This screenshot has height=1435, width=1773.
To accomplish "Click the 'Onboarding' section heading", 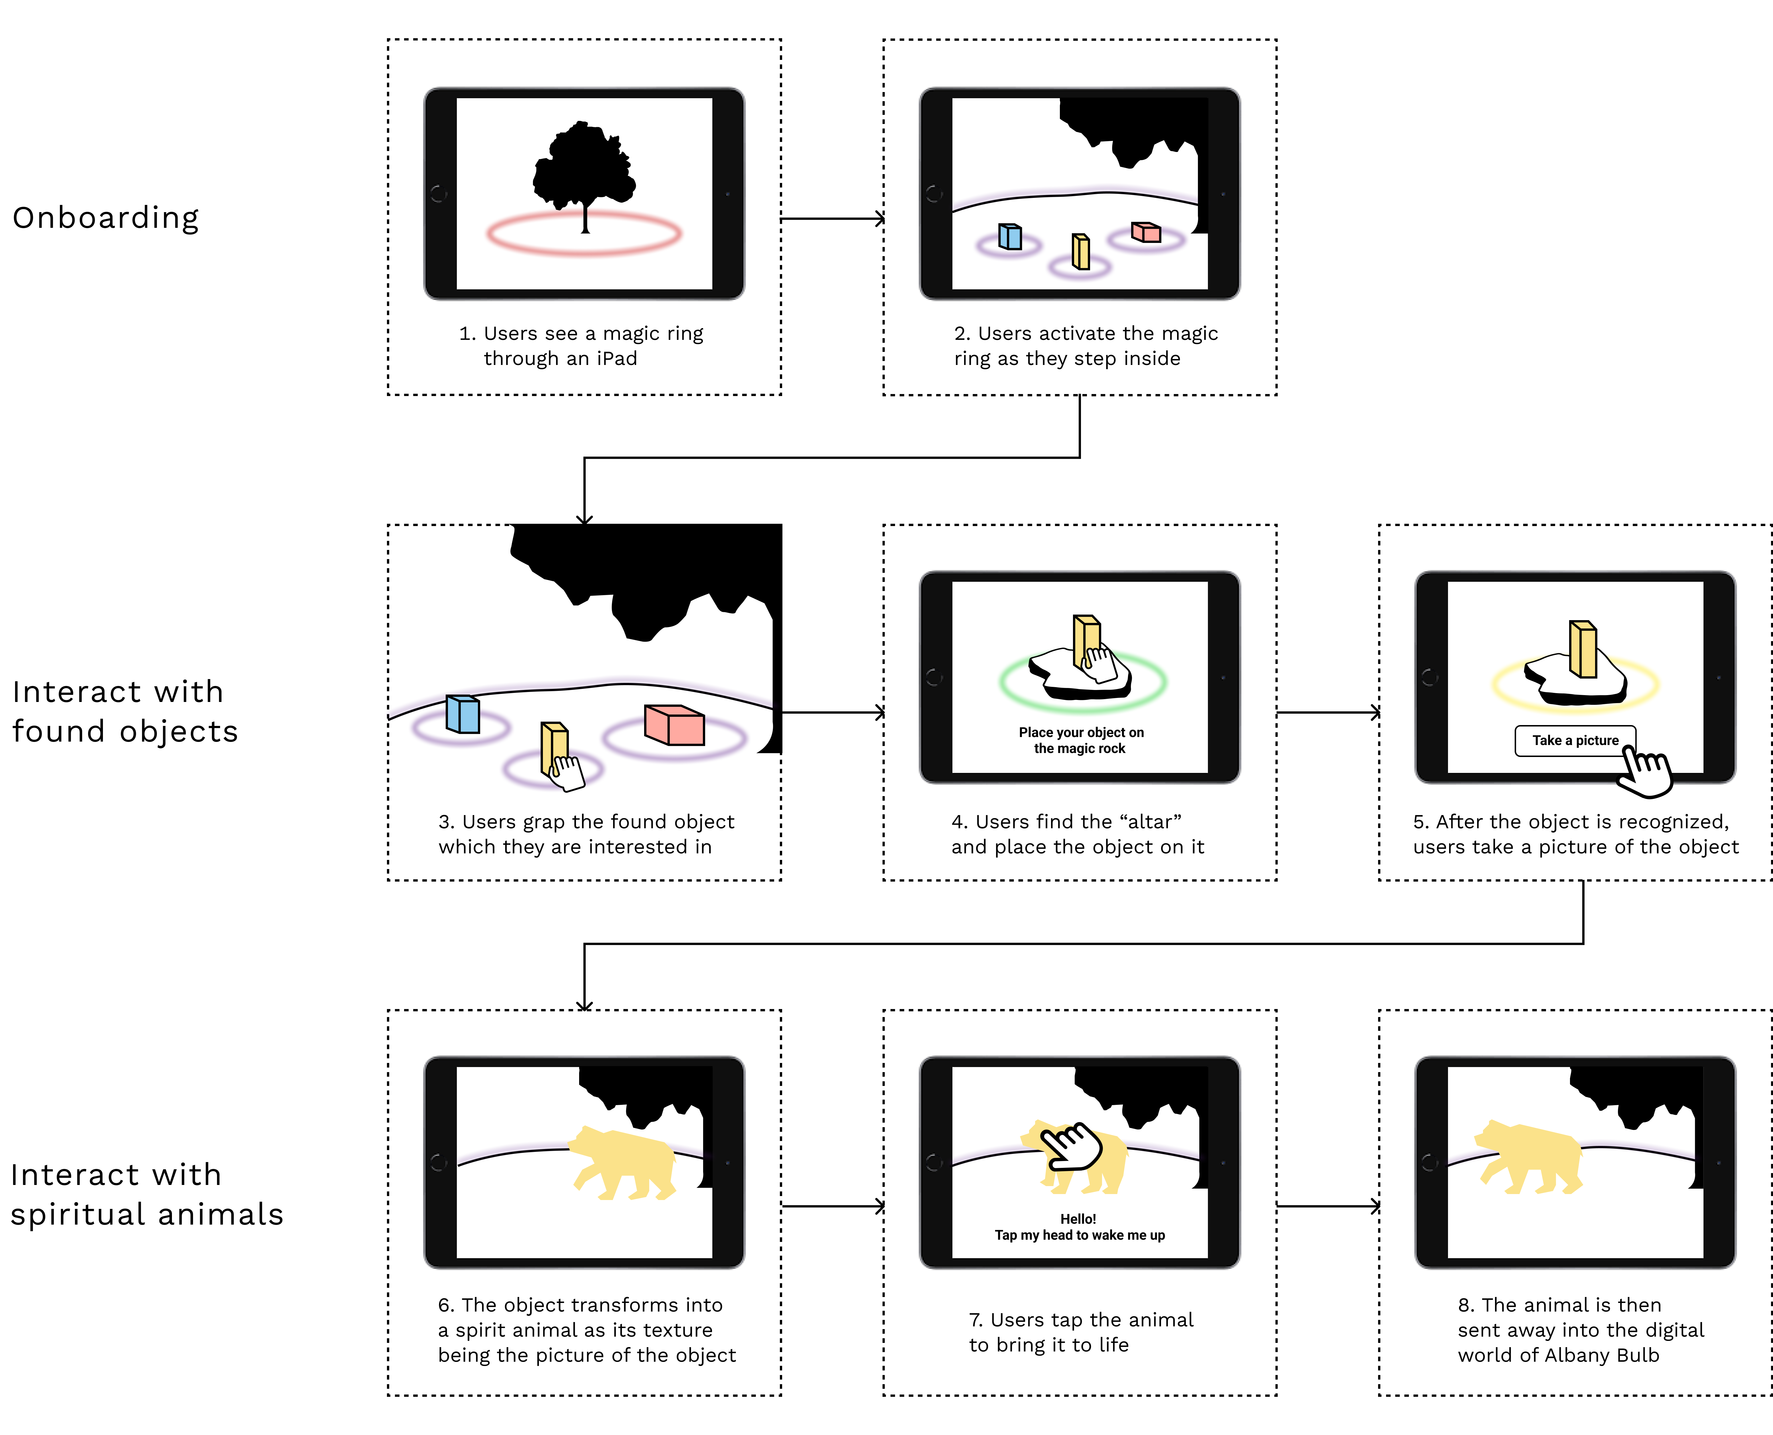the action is [106, 218].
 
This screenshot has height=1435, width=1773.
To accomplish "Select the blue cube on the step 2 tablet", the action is [1010, 236].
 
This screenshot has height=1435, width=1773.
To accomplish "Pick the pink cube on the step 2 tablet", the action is [1146, 232].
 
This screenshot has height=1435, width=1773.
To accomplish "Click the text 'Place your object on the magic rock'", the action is [1080, 741].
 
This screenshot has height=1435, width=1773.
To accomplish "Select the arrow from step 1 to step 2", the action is [832, 219].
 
